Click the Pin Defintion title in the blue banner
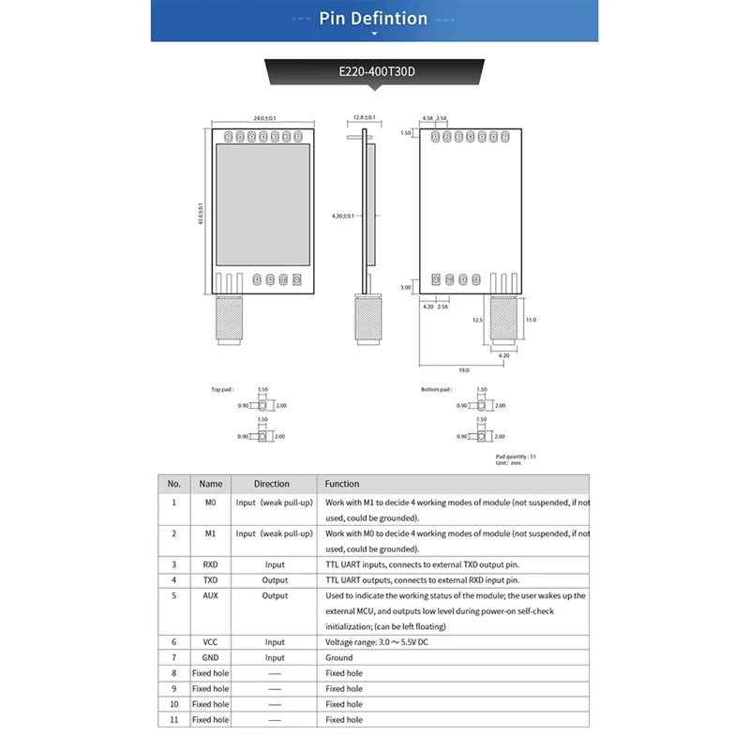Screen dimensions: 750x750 tap(373, 18)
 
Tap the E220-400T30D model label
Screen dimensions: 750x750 tap(374, 71)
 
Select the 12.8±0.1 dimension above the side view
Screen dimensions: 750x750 tap(364, 118)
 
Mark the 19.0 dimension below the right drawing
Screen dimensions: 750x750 tap(463, 370)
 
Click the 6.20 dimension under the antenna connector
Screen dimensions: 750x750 tap(503, 355)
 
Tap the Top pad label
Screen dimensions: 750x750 tap(221, 389)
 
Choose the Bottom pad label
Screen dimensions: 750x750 tap(436, 389)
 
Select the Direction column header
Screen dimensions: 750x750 tap(272, 484)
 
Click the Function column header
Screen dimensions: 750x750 tap(342, 484)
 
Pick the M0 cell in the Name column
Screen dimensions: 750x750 tap(211, 502)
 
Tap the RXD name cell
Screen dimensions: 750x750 tap(211, 564)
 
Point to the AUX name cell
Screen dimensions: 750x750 tap(211, 595)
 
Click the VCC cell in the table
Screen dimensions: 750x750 tap(211, 642)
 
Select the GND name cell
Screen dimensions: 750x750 tap(211, 658)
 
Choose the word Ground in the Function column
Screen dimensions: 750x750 tap(340, 658)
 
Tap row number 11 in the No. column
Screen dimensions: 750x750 tap(172, 719)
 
